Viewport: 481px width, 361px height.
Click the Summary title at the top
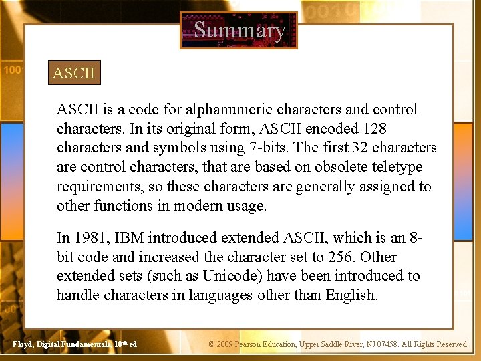[239, 30]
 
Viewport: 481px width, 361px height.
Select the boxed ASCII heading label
[75, 73]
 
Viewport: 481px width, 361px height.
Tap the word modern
[197, 206]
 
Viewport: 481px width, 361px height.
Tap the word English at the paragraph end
[351, 295]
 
